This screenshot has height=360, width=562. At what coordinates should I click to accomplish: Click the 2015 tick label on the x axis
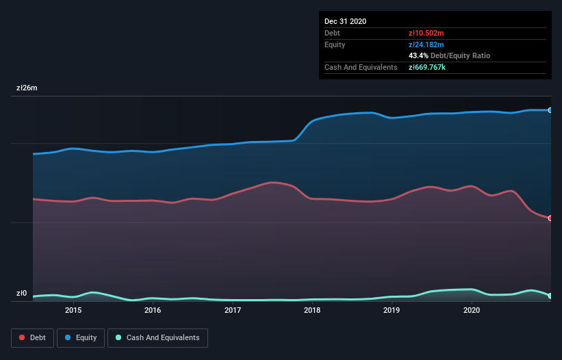pos(73,310)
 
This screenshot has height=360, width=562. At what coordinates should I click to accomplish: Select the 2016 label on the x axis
pos(153,310)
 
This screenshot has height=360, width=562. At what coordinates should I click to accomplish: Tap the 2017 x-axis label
pos(233,310)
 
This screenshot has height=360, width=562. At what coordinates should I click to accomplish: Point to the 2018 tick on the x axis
pos(312,310)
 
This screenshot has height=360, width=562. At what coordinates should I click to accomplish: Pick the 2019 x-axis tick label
pos(392,310)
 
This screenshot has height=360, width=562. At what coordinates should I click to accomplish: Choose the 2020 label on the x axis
pos(472,310)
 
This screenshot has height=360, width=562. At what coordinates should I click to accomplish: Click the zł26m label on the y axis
pos(27,88)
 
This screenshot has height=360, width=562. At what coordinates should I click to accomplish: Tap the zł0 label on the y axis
pos(21,294)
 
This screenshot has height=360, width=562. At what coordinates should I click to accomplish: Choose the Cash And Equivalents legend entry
pos(157,337)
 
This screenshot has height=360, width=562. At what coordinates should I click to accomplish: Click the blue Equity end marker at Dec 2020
pos(550,110)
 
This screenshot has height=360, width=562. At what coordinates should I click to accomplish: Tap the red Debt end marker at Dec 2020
pos(550,218)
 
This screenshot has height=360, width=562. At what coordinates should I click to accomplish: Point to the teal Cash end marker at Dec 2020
pos(550,296)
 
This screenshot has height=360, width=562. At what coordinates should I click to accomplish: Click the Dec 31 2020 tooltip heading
pos(345,21)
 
